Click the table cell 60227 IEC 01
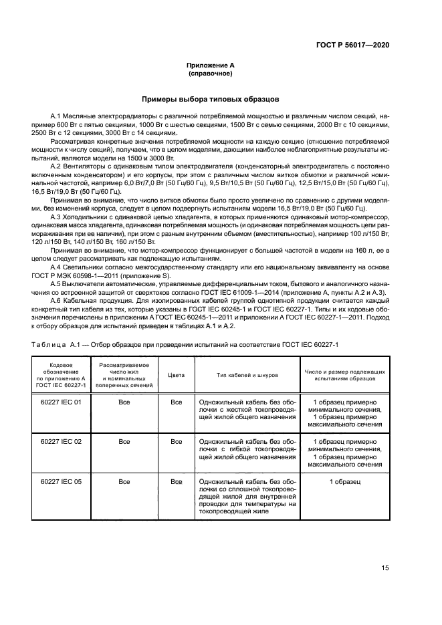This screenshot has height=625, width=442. (x=61, y=402)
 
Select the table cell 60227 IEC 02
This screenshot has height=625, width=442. (x=61, y=441)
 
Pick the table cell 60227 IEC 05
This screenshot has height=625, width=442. (x=61, y=481)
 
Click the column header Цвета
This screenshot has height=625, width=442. (x=176, y=376)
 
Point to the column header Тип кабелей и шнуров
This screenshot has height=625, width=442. (x=247, y=376)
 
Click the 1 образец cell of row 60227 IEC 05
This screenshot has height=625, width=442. (x=345, y=481)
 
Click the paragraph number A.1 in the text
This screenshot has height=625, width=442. (x=56, y=117)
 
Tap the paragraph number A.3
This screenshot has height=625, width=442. (x=56, y=217)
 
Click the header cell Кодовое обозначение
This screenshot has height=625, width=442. (x=61, y=376)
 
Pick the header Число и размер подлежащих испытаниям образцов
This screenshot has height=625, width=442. (x=345, y=376)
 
